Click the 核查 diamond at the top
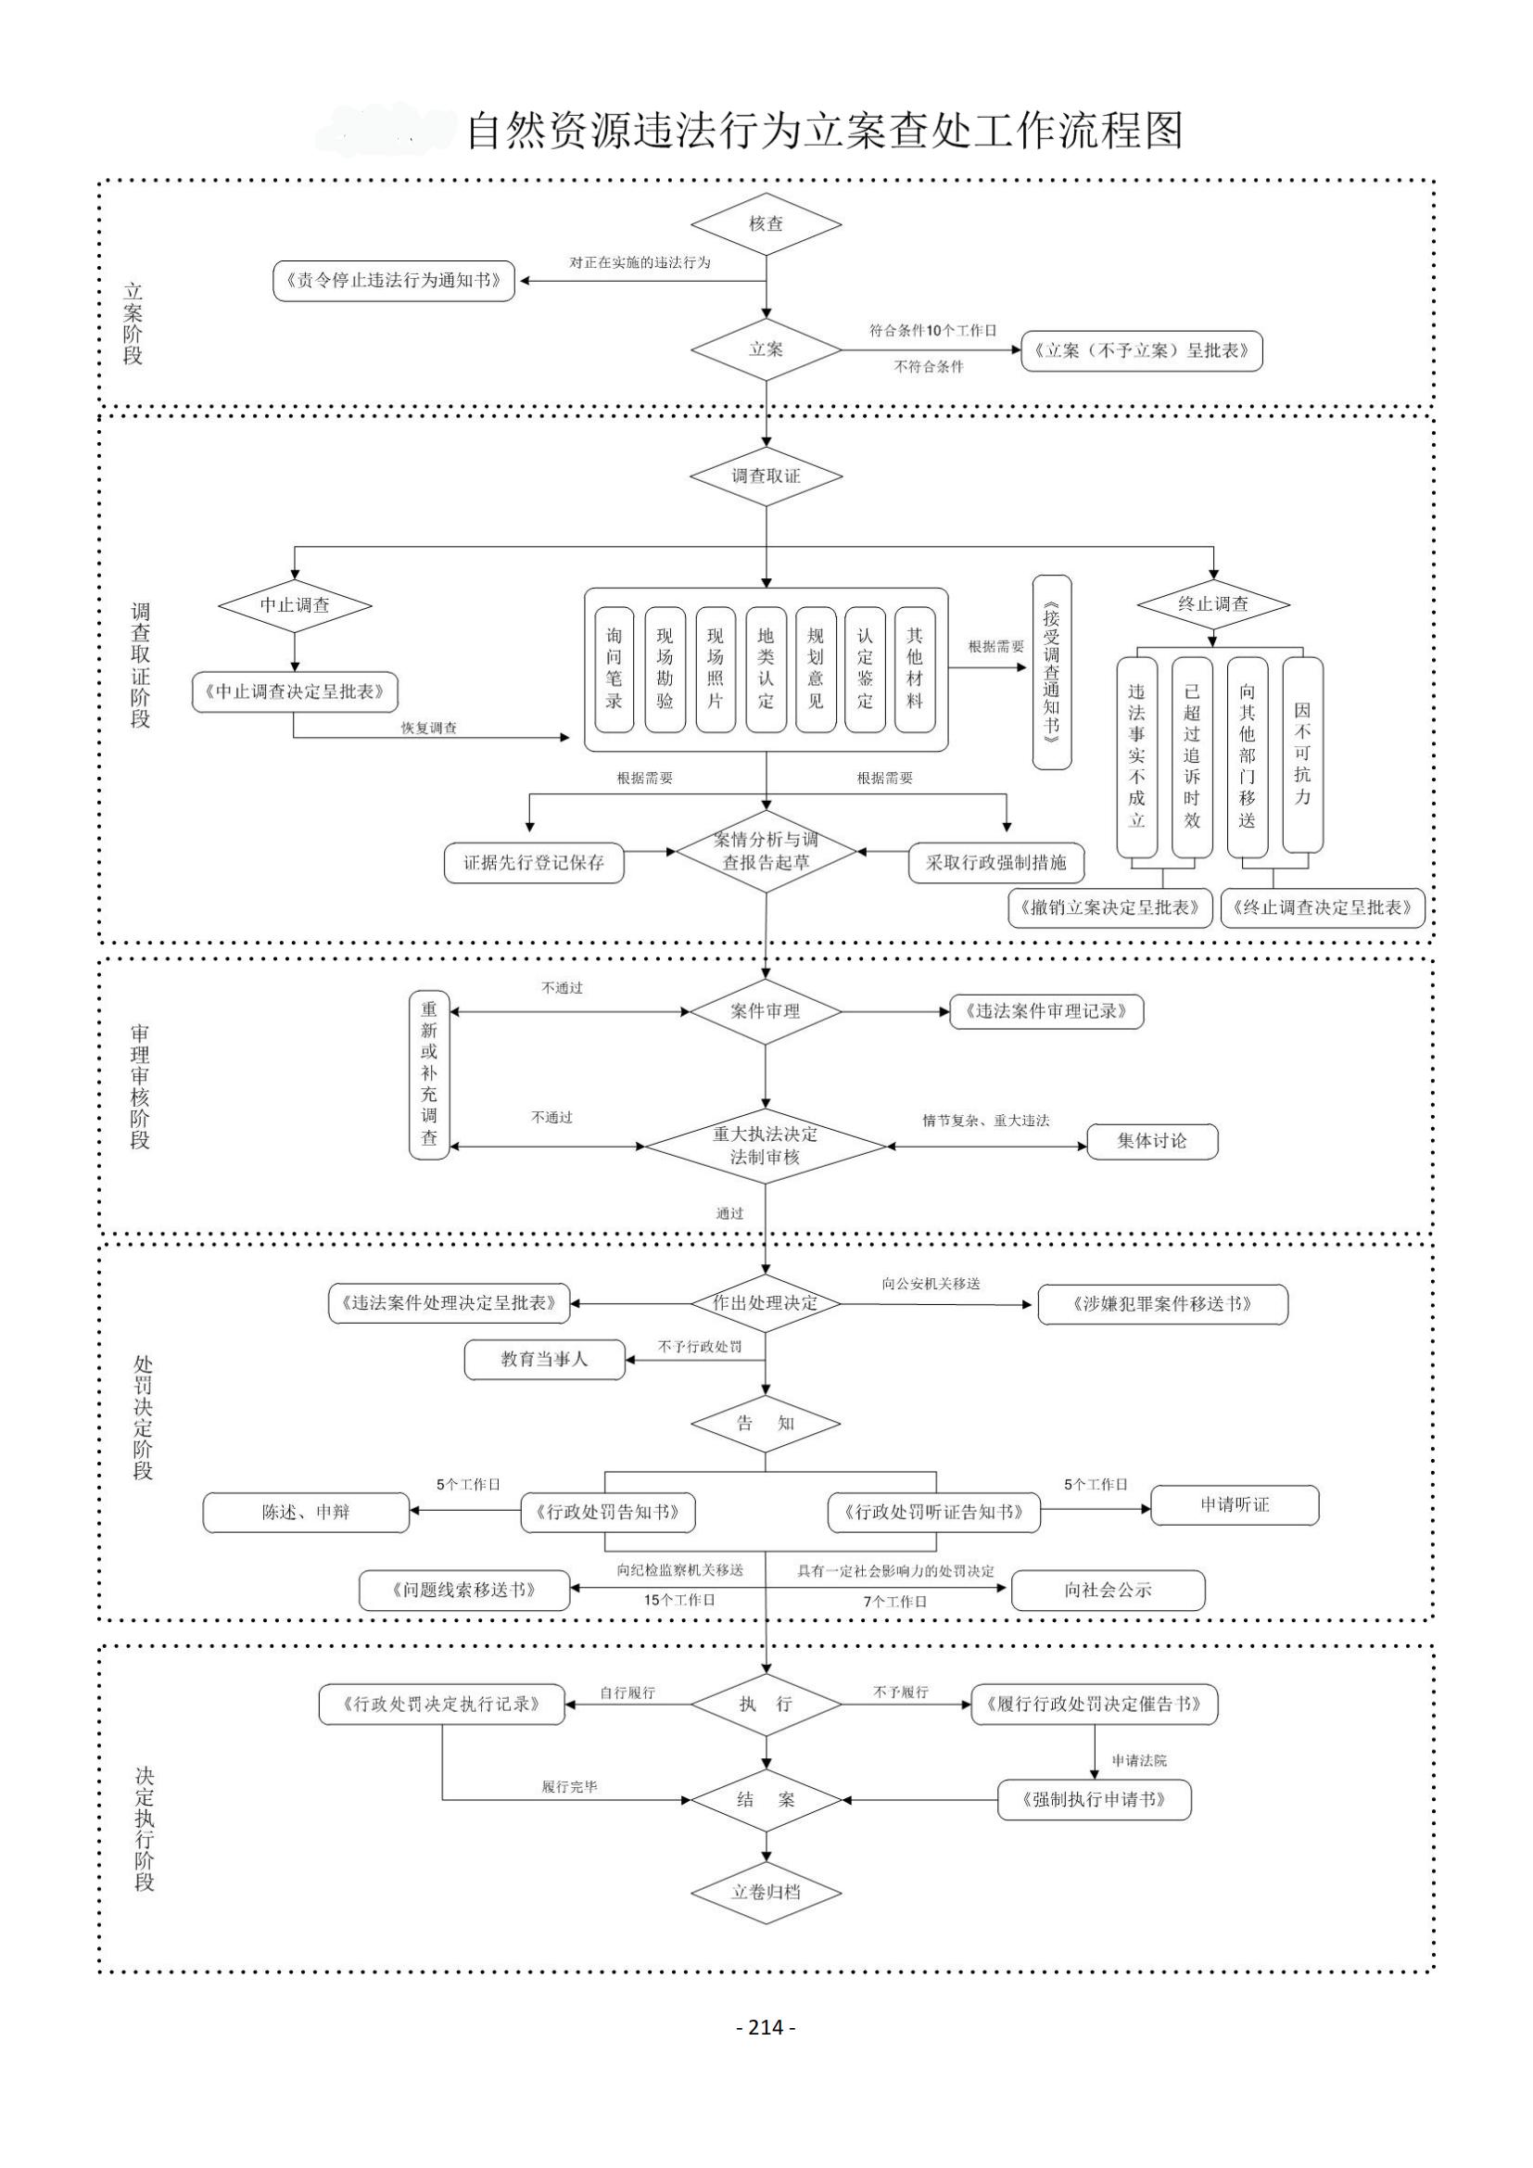tap(766, 223)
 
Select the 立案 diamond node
tap(766, 349)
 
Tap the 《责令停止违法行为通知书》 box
tap(394, 281)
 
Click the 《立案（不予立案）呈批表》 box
tap(1141, 350)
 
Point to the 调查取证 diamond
tap(766, 475)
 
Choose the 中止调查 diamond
tap(295, 604)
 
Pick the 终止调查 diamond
tap(1213, 603)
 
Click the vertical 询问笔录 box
tap(614, 668)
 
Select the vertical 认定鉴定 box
tap(865, 668)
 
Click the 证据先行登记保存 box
tap(534, 862)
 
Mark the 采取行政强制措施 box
tap(995, 862)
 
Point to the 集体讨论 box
tap(1152, 1141)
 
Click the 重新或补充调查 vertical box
tap(429, 1073)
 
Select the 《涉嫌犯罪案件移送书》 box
tap(1162, 1304)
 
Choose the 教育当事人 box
tap(545, 1360)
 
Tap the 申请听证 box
tap(1234, 1505)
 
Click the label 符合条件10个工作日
tap(931, 331)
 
